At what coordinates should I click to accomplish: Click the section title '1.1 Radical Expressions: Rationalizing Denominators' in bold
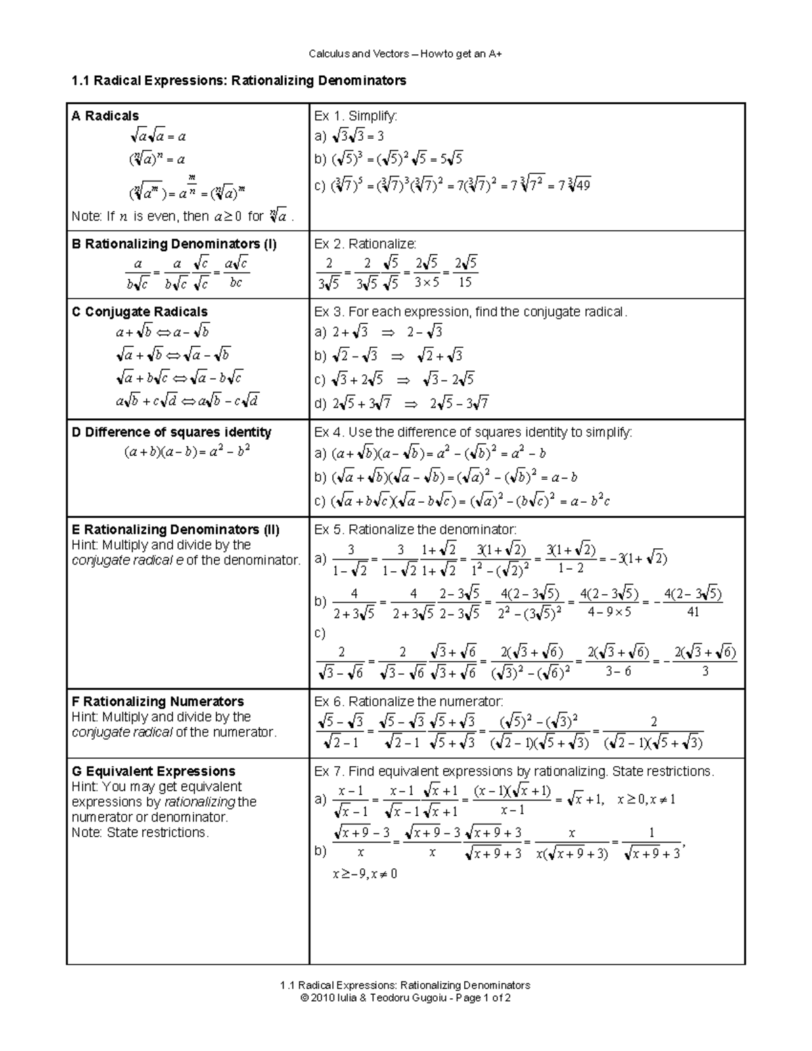(239, 81)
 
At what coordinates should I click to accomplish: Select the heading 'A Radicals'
(105, 116)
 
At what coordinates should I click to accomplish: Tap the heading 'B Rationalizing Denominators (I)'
(174, 244)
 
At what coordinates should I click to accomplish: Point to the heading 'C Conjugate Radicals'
(139, 311)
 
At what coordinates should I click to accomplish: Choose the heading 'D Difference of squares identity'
(171, 432)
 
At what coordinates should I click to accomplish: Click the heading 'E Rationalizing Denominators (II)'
(175, 529)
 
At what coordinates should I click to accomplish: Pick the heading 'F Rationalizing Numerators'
(157, 701)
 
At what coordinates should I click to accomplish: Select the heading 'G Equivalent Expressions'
(153, 771)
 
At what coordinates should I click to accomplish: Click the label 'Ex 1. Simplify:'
(355, 116)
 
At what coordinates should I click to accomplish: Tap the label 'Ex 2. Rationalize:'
(365, 244)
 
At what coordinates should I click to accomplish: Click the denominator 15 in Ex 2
(465, 283)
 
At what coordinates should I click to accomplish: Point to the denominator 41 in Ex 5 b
(693, 612)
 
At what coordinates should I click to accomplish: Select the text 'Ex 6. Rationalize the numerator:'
(409, 701)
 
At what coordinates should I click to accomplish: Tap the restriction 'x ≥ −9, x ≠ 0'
(365, 874)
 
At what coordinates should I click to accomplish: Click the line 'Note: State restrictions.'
(140, 832)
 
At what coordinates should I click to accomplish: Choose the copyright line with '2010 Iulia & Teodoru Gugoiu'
(405, 998)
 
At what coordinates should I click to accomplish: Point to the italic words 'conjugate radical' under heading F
(122, 732)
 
